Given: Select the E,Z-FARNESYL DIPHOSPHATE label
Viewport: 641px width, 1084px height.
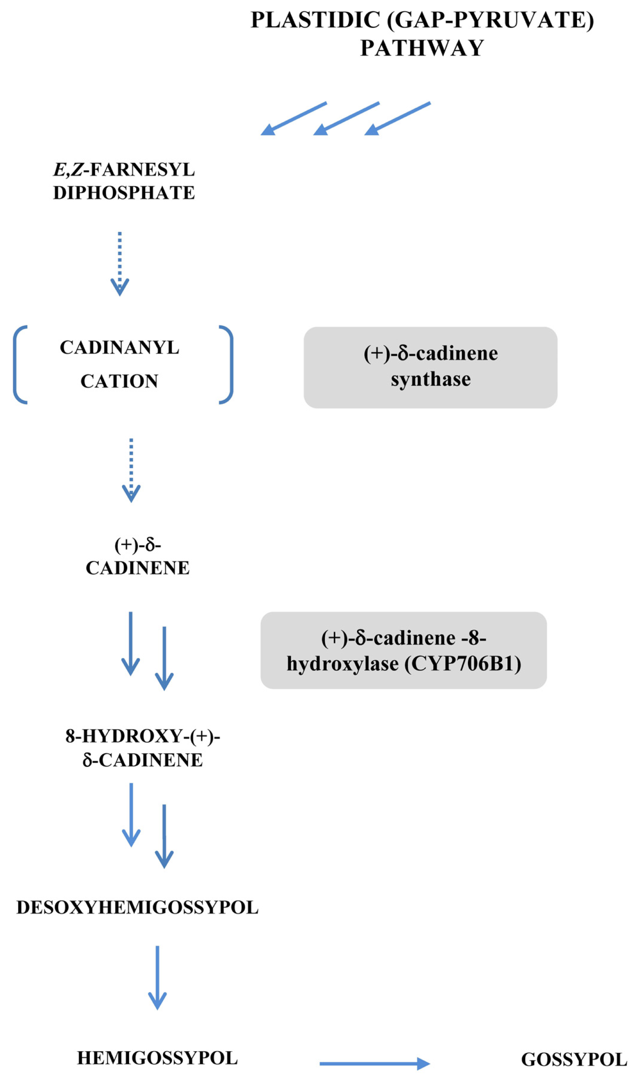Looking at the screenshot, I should click(x=124, y=181).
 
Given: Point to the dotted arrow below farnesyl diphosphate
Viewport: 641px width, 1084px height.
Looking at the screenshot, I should click(x=120, y=263).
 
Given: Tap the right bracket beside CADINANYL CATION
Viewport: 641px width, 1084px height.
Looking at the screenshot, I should click(x=228, y=365).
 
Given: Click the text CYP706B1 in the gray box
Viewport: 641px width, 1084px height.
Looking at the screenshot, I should click(x=462, y=664).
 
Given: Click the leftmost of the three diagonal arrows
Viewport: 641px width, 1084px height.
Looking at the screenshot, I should click(x=294, y=118).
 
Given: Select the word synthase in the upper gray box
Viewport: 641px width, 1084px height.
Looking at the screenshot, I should click(x=431, y=380).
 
